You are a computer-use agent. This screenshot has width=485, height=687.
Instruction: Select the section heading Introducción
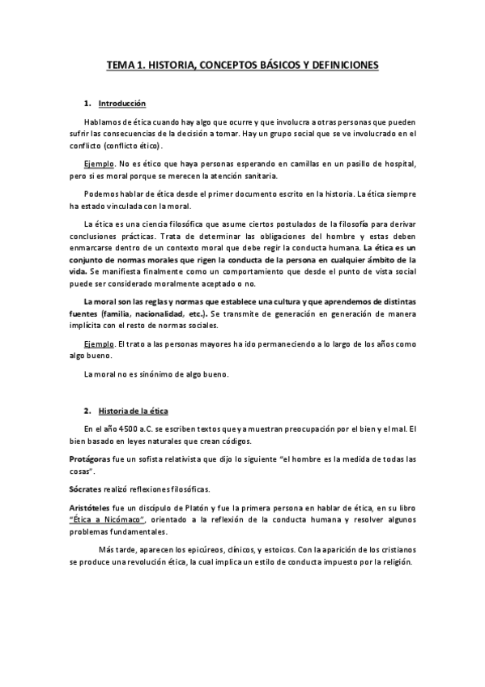[121, 104]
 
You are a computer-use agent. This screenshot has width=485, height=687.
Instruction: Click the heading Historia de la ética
[133, 412]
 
